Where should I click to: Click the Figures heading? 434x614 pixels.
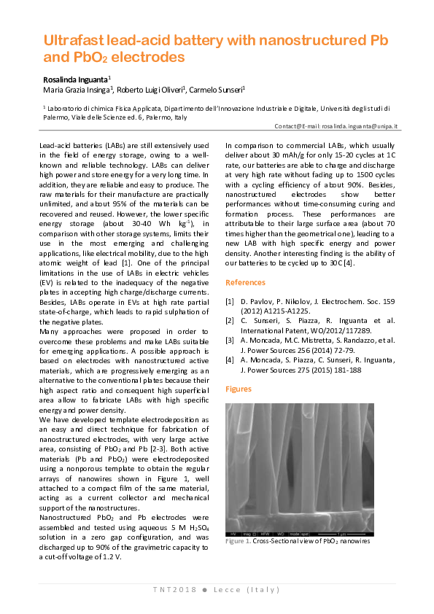239,390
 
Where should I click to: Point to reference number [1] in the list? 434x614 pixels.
230,300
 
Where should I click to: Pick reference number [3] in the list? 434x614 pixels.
230,339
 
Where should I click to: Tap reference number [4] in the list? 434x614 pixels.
230,359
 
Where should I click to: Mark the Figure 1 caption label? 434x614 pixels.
238,542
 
